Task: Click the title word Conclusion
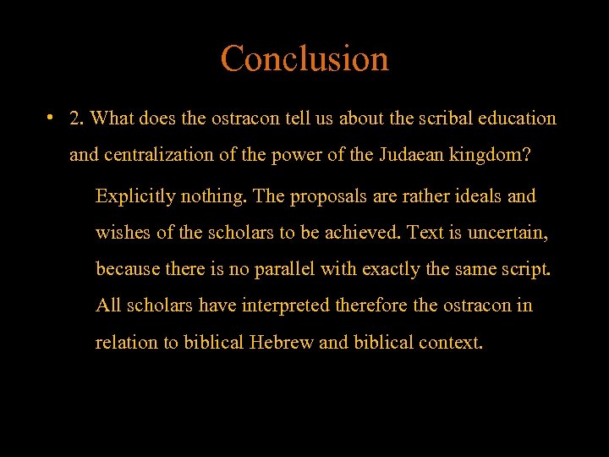point(304,59)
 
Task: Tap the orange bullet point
point(52,117)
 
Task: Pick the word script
point(526,270)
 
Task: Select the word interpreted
point(288,306)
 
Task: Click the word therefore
point(372,305)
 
